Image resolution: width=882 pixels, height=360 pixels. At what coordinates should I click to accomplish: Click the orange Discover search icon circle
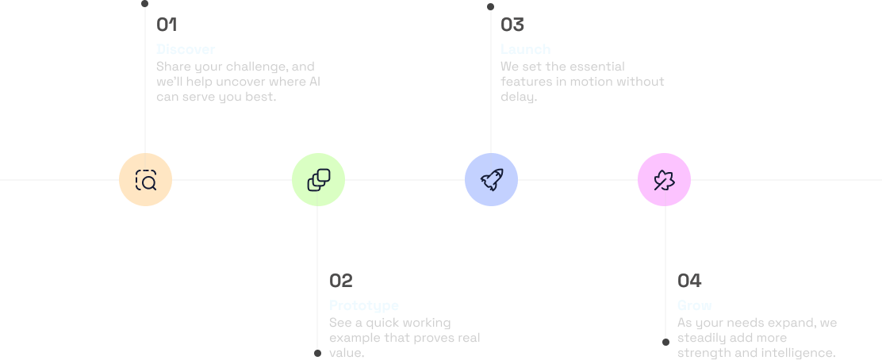click(145, 180)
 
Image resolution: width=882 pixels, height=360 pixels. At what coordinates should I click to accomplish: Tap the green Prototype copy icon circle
click(318, 180)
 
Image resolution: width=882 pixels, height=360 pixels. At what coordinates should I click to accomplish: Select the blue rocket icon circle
click(491, 180)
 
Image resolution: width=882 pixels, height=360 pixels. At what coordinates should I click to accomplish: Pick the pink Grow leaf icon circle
click(664, 180)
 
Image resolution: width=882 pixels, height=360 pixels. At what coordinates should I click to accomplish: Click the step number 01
click(167, 25)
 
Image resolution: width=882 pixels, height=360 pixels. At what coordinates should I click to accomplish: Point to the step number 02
click(340, 281)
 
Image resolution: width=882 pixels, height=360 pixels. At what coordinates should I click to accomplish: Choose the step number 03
click(512, 25)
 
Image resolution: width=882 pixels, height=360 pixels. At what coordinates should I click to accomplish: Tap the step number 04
click(689, 281)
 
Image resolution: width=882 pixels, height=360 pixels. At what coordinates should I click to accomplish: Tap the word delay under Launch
click(518, 97)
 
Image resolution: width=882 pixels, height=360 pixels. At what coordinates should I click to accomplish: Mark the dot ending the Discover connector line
click(145, 4)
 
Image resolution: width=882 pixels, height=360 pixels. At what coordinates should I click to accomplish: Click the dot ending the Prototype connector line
click(318, 353)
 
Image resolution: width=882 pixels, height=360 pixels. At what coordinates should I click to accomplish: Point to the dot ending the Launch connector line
click(491, 6)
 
